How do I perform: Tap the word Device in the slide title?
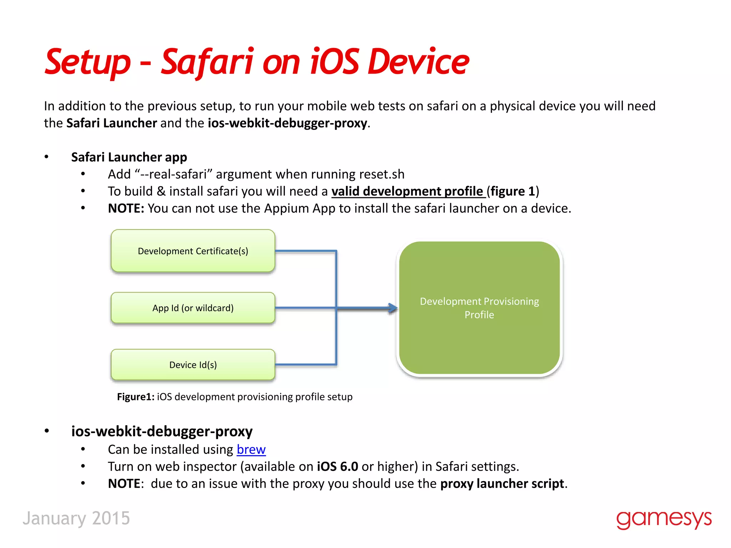point(418,62)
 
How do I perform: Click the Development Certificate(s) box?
point(193,251)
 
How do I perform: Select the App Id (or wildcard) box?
point(193,308)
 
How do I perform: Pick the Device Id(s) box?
point(193,365)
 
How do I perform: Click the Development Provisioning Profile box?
point(479,308)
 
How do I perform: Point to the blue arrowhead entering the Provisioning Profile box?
point(393,308)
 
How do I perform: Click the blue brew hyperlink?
point(251,450)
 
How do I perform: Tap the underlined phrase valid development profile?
point(407,192)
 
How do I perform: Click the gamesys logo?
point(664,519)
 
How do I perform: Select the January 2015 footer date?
point(76,518)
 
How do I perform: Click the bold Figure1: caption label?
point(136,397)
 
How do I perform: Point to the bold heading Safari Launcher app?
point(129,157)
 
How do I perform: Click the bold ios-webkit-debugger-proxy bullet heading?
point(162,431)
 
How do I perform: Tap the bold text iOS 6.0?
point(337,467)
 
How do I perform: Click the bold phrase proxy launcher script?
point(502,484)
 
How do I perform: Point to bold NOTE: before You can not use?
point(126,208)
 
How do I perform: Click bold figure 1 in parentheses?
point(513,192)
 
